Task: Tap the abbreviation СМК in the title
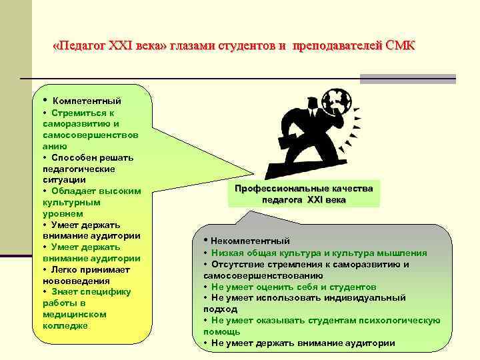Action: click(x=400, y=46)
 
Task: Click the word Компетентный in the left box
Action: click(x=87, y=101)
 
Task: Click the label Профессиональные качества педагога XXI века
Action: click(x=304, y=194)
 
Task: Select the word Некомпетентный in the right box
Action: click(x=251, y=241)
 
